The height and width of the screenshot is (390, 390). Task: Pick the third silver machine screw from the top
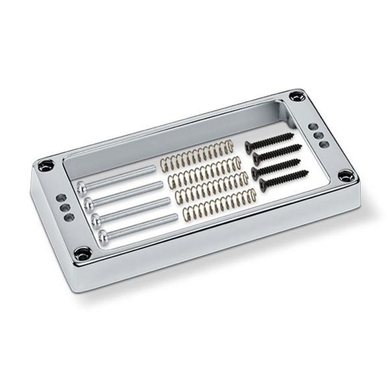click(133, 210)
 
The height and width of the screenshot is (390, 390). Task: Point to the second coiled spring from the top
click(205, 171)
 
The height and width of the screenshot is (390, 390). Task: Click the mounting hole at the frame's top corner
click(297, 96)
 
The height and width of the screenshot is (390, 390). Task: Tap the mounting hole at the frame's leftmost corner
click(45, 165)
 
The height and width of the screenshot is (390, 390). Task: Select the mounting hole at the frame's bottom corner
click(83, 253)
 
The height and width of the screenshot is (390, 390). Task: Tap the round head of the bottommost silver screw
click(103, 233)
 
